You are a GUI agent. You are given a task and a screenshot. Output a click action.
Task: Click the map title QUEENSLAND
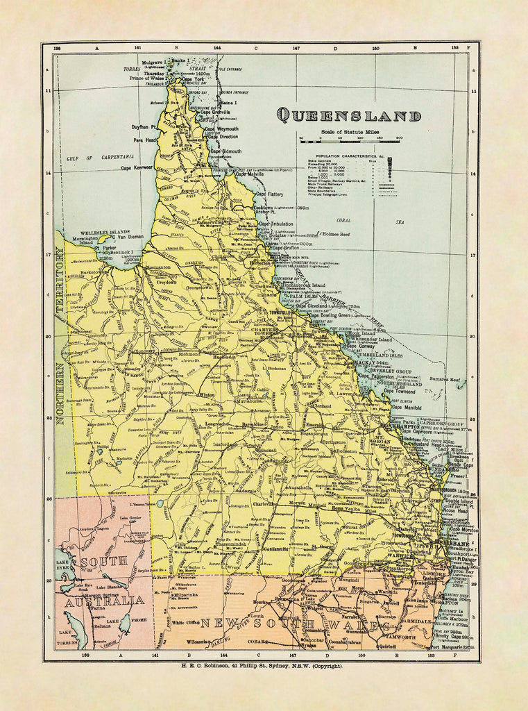tap(348, 116)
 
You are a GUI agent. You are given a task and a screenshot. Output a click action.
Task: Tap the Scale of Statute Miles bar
tap(350, 140)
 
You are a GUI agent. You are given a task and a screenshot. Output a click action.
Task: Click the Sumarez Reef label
tap(444, 380)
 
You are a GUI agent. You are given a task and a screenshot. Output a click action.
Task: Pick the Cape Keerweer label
tap(136, 168)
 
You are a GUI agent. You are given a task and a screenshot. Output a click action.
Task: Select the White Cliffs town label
tap(185, 622)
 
